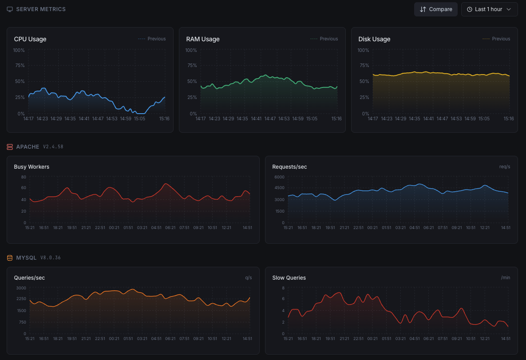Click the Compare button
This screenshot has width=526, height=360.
pyautogui.click(x=435, y=9)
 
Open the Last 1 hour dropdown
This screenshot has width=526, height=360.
pyautogui.click(x=489, y=9)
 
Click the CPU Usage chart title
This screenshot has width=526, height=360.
pyautogui.click(x=30, y=39)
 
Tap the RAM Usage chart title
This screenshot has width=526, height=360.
pyautogui.click(x=203, y=39)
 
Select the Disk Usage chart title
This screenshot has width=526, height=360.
pyautogui.click(x=374, y=39)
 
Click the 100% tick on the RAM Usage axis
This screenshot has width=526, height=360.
pyautogui.click(x=191, y=50)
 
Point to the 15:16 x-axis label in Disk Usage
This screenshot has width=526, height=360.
pyautogui.click(x=509, y=119)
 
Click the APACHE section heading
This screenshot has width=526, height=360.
pyautogui.click(x=28, y=146)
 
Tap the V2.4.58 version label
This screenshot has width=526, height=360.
pyautogui.click(x=53, y=146)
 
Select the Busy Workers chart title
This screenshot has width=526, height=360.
pyautogui.click(x=32, y=167)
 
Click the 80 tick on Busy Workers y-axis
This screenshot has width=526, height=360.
pyautogui.click(x=24, y=177)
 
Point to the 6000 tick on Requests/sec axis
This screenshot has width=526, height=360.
pyautogui.click(x=279, y=177)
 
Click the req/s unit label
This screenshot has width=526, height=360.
pyautogui.click(x=505, y=167)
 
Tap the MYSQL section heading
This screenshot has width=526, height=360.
pyautogui.click(x=26, y=257)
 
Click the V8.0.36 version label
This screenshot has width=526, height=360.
pyautogui.click(x=51, y=257)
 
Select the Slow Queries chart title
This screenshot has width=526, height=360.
pyautogui.click(x=289, y=278)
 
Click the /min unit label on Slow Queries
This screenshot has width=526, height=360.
pyautogui.click(x=506, y=278)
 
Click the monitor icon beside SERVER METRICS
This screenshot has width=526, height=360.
pyautogui.click(x=10, y=9)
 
